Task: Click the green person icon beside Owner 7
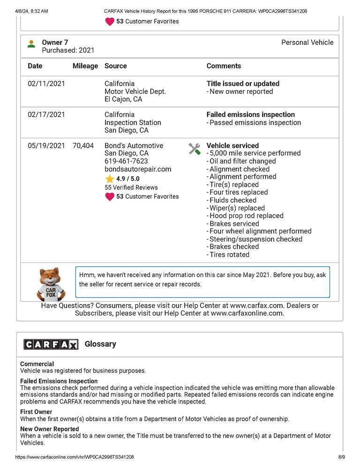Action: pyautogui.click(x=31, y=44)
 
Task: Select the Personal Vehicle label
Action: pyautogui.click(x=307, y=42)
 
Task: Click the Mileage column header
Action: pyautogui.click(x=85, y=66)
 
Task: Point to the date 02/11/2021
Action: pyautogui.click(x=46, y=83)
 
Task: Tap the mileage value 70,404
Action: pyautogui.click(x=83, y=145)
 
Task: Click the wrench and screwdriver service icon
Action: pyautogui.click(x=194, y=149)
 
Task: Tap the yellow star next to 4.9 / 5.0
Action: pyautogui.click(x=110, y=179)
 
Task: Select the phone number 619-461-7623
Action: pyautogui.click(x=126, y=161)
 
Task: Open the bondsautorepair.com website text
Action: pyautogui.click(x=138, y=169)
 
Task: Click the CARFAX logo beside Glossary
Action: pyautogui.click(x=51, y=345)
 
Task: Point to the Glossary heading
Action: pyautogui.click(x=100, y=344)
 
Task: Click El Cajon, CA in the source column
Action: pyautogui.click(x=123, y=99)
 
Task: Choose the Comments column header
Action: pyautogui.click(x=224, y=66)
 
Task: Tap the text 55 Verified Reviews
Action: pyautogui.click(x=131, y=187)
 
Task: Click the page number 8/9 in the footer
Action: pyautogui.click(x=341, y=456)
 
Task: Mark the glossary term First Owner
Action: pyautogui.click(x=36, y=412)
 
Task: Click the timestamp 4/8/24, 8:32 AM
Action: pyautogui.click(x=31, y=11)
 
